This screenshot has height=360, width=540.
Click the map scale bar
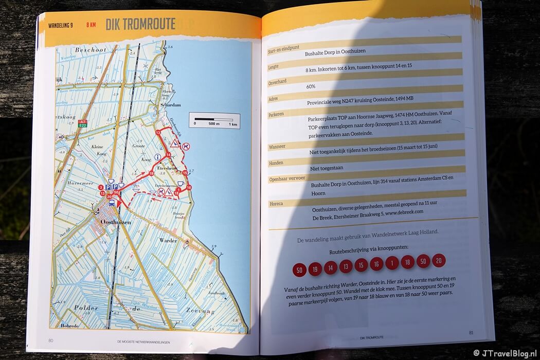(x=213, y=119)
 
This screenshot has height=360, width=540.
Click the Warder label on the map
(x=167, y=240)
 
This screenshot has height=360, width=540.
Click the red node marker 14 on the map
(x=169, y=155)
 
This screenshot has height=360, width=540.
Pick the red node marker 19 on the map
(x=152, y=174)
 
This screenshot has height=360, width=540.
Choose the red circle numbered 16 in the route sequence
(x=376, y=264)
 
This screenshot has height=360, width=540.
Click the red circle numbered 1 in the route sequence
(x=392, y=264)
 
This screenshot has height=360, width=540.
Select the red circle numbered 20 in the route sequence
(x=439, y=261)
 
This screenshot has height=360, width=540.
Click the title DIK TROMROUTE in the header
(x=140, y=24)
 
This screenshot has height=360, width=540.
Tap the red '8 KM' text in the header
(x=91, y=24)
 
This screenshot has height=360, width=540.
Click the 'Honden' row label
(x=277, y=163)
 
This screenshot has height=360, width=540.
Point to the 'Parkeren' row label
(x=278, y=115)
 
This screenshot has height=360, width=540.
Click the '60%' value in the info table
(x=311, y=86)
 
